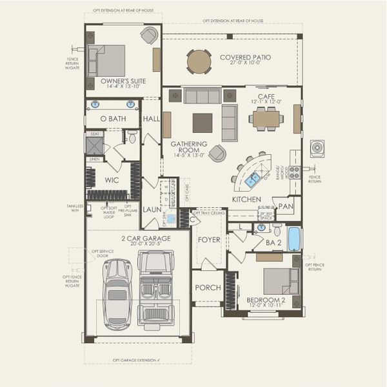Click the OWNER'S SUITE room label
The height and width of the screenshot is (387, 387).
[x=123, y=81]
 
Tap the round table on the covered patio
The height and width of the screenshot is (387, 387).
[x=199, y=61]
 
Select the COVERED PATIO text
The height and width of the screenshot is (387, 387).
[x=245, y=57]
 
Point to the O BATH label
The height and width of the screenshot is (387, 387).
[x=114, y=119]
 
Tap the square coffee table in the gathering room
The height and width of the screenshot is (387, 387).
[x=202, y=123]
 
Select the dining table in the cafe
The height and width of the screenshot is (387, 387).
[x=266, y=118]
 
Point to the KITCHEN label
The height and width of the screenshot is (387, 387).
[x=246, y=200]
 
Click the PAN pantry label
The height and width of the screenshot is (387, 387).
[x=286, y=207]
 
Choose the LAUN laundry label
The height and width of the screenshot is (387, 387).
[x=152, y=210]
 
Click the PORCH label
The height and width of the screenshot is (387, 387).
[x=208, y=288]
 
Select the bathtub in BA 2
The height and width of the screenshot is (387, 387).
[x=293, y=239]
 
